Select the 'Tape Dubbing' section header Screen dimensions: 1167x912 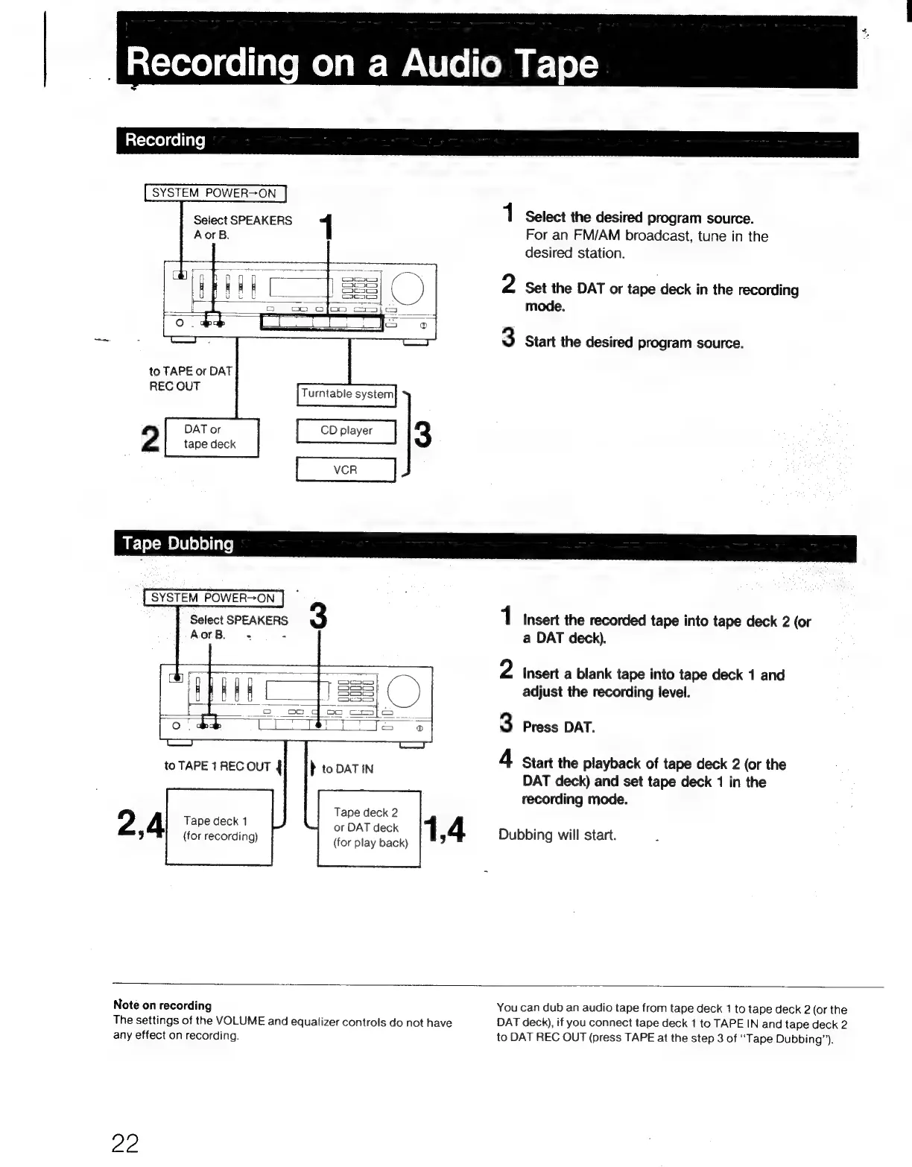[178, 544]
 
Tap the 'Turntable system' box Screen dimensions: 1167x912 [346, 394]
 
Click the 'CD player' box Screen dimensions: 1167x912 [346, 431]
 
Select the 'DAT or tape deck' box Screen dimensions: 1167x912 [211, 437]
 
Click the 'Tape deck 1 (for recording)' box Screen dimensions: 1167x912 [220, 828]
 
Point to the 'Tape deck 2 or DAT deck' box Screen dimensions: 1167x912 [370, 828]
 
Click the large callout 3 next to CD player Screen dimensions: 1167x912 [422, 434]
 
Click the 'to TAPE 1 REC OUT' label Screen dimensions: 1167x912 [217, 766]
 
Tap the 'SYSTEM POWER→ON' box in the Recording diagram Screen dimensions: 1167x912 [215, 193]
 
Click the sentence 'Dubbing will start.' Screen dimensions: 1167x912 [557, 835]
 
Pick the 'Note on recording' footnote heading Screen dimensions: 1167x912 [162, 1005]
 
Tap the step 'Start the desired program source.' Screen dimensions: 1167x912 [634, 343]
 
